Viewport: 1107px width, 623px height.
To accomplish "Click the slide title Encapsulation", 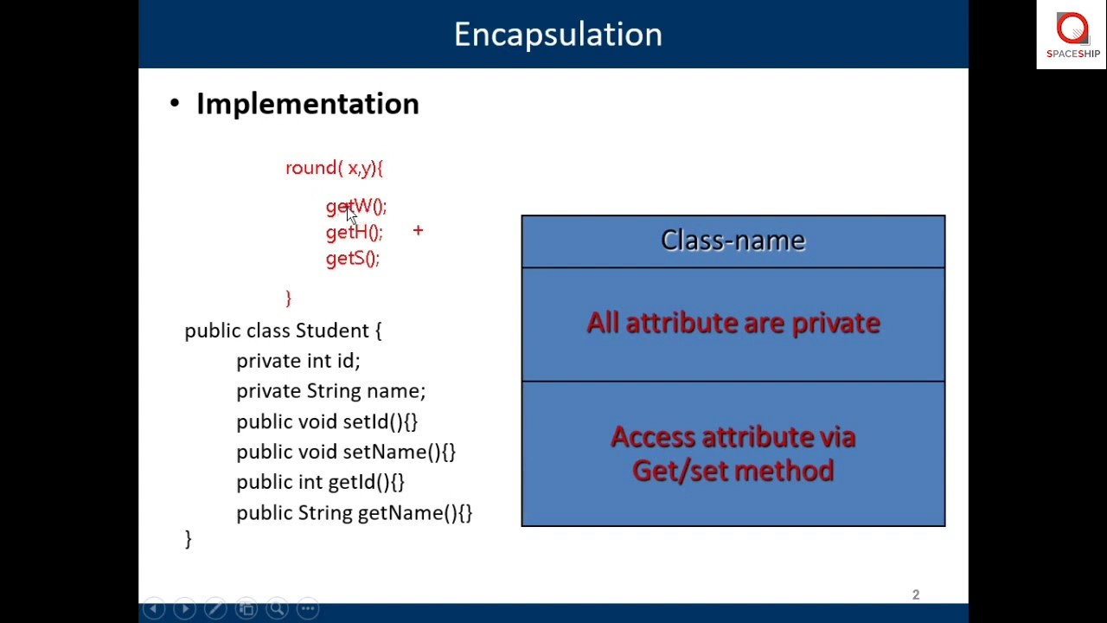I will tap(558, 35).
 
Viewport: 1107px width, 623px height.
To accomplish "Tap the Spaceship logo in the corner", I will tap(1072, 35).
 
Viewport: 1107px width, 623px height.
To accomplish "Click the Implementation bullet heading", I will tap(307, 104).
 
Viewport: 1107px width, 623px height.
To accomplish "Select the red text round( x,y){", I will tap(334, 168).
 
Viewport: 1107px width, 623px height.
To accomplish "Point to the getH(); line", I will tap(354, 232).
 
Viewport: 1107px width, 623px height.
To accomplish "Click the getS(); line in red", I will tap(352, 258).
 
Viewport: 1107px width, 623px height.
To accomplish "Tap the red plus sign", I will tap(418, 230).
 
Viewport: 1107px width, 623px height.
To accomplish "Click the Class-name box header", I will tap(733, 241).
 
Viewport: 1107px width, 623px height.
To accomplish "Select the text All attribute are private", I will tap(733, 323).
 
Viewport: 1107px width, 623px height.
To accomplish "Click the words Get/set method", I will tap(733, 471).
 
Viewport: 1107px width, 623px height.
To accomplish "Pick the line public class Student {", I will tap(283, 331).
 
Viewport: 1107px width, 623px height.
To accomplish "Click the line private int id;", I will tap(298, 361).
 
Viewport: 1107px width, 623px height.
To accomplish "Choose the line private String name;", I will tap(330, 391).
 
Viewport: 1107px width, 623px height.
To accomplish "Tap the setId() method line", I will tap(326, 421).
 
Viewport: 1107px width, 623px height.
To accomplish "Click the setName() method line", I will tap(345, 452).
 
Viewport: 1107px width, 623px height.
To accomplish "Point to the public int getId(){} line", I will tap(320, 482).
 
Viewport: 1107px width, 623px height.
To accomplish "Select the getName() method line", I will tap(354, 513).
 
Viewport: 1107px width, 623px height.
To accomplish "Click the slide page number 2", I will tap(916, 594).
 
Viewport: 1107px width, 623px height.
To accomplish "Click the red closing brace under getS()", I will tap(289, 298).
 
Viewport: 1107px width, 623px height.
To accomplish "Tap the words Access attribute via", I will tap(733, 437).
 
